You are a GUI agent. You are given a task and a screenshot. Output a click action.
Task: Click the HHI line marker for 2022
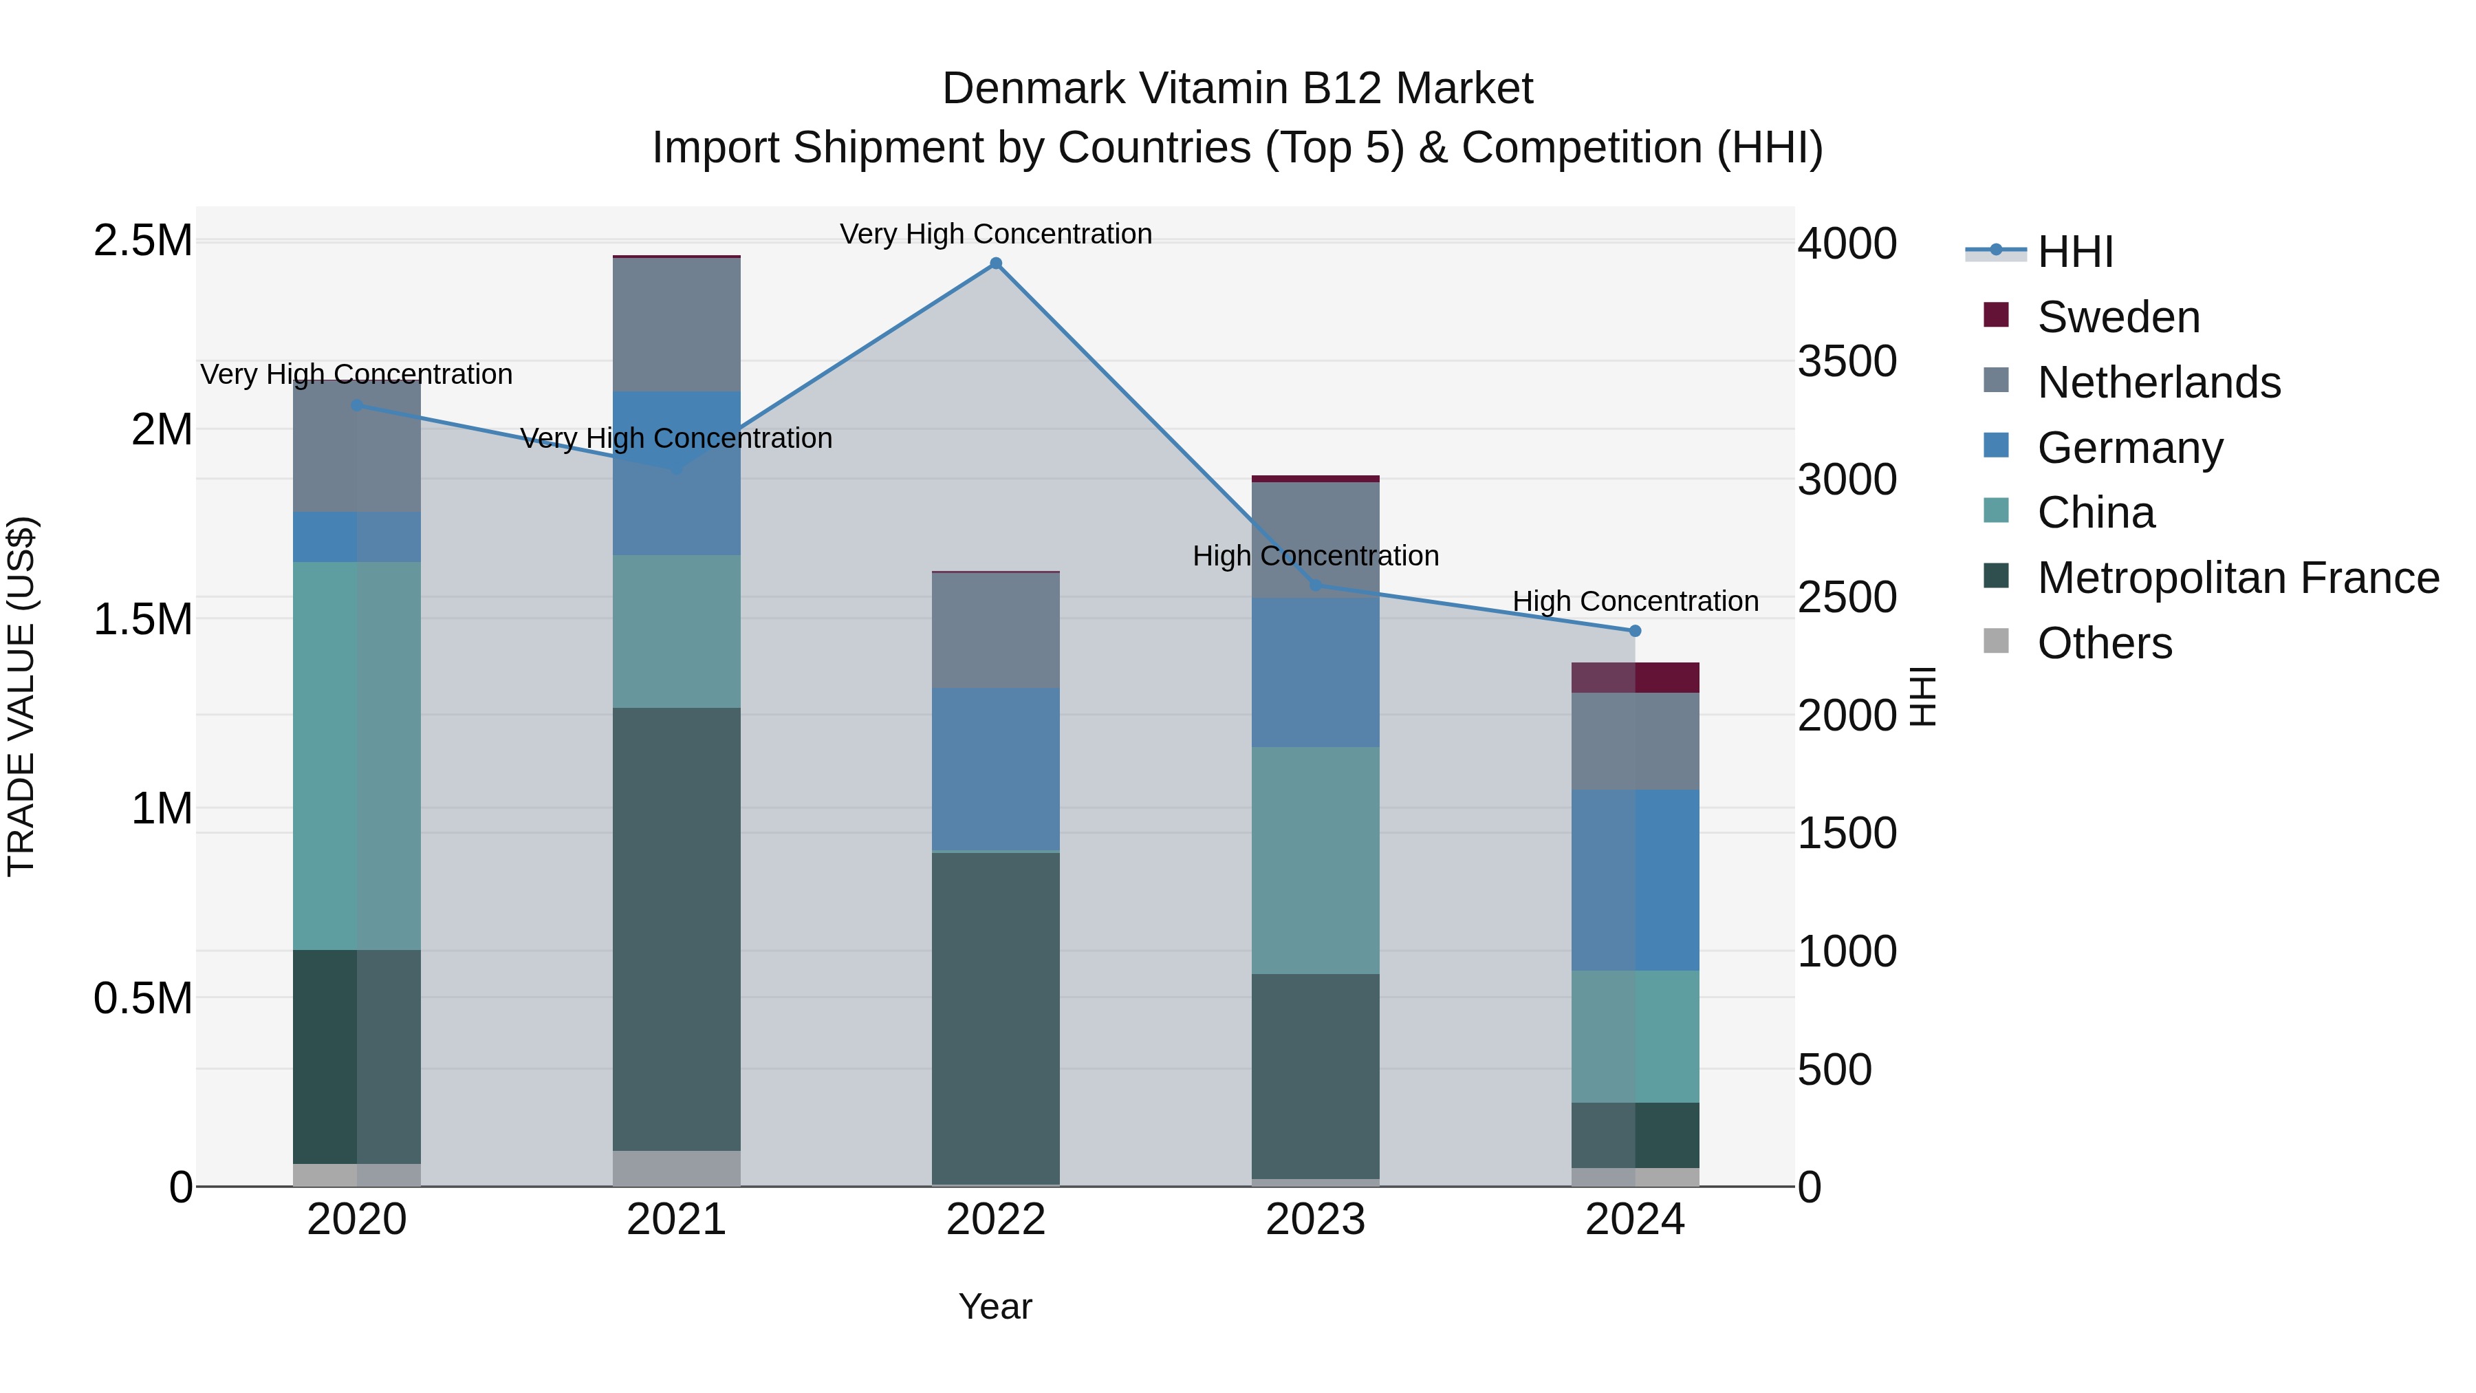[x=996, y=263]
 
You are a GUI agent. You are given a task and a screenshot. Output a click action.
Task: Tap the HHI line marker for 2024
[x=1635, y=631]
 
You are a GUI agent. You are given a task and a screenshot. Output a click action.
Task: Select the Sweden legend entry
[x=2118, y=317]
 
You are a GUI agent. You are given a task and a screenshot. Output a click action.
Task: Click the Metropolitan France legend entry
[x=2237, y=578]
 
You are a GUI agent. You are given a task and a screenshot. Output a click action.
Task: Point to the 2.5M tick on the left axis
[x=142, y=240]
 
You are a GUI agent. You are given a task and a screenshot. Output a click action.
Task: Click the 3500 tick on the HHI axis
[x=1847, y=361]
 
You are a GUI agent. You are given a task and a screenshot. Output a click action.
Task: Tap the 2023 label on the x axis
[x=1315, y=1220]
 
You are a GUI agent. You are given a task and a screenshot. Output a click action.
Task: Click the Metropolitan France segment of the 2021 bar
[x=677, y=928]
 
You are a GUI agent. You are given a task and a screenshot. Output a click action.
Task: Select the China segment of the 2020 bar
[x=356, y=755]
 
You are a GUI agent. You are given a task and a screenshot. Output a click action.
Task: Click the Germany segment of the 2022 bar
[x=996, y=769]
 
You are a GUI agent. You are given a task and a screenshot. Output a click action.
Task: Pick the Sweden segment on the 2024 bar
[x=1635, y=678]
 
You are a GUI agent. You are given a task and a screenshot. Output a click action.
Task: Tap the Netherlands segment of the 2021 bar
[x=677, y=324]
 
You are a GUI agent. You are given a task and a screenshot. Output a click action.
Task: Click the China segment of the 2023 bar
[x=1315, y=861]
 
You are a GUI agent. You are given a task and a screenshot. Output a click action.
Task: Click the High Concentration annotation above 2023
[x=1315, y=556]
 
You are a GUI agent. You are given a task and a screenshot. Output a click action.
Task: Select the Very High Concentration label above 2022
[x=996, y=234]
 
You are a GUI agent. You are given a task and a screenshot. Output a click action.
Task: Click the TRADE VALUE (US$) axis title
[x=21, y=696]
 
